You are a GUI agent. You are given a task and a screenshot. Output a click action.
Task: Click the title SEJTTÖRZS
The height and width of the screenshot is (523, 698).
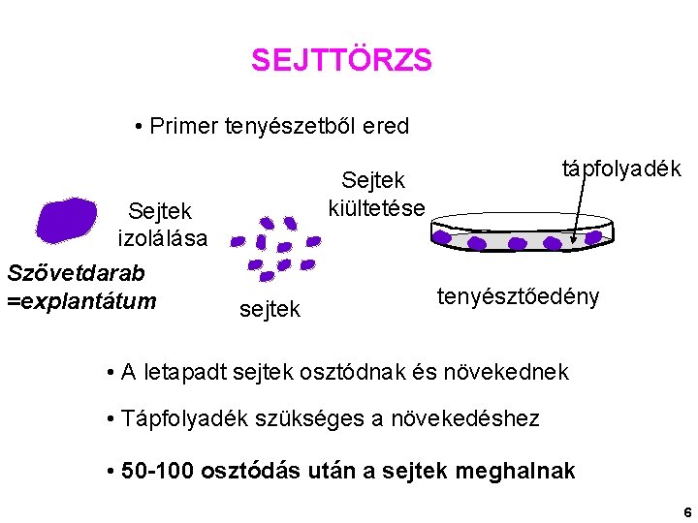coord(341,61)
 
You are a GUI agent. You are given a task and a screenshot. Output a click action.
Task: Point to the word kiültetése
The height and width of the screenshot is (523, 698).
coord(376,206)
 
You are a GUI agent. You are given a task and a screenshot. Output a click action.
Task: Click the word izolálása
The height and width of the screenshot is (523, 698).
coord(162,237)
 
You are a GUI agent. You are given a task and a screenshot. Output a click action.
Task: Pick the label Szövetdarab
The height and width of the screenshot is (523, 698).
coord(76,274)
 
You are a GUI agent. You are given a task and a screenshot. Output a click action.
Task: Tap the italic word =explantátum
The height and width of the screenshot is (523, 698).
coord(81,301)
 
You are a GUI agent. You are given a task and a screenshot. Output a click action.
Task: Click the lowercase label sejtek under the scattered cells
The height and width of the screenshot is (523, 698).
coord(270,309)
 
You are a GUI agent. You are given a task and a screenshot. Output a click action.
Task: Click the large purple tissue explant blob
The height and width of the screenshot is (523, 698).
coord(66,219)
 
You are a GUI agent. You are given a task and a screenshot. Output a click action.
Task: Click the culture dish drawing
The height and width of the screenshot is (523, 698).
coord(524,233)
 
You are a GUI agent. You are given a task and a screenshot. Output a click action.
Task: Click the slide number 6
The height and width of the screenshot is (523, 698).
coord(686,511)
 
